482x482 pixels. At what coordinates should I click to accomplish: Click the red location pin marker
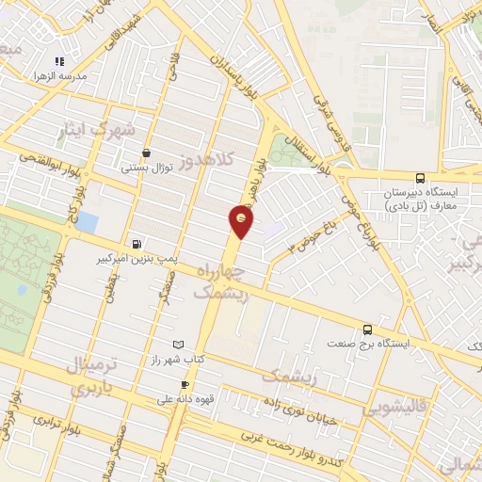(x=241, y=221)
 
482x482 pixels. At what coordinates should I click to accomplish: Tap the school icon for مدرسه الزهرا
(x=62, y=58)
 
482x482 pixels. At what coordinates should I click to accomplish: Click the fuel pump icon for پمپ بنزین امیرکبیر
(x=139, y=241)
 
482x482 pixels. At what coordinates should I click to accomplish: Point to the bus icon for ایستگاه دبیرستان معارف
(x=420, y=177)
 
